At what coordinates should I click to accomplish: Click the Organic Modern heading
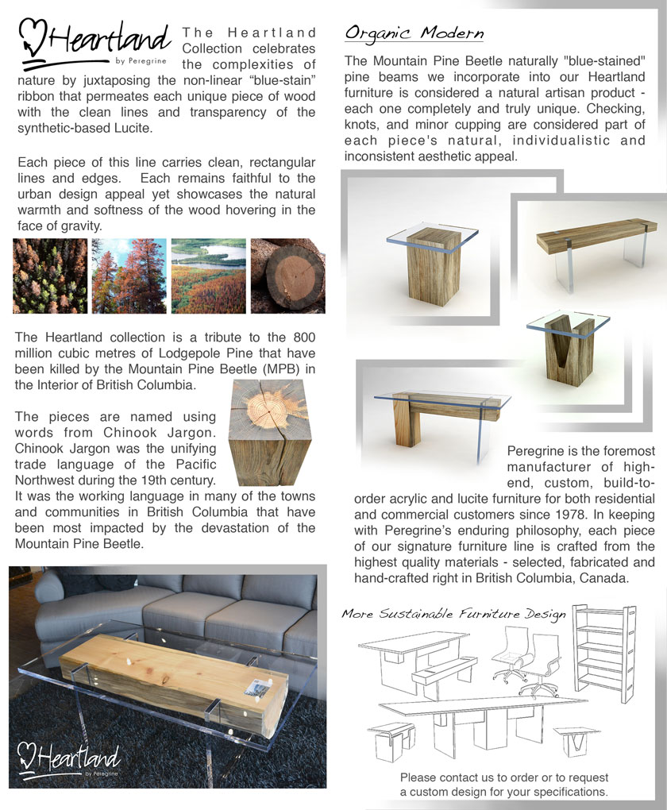(414, 33)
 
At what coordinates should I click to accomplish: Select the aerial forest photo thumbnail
(49, 276)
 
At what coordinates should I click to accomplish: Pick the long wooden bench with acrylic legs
(598, 242)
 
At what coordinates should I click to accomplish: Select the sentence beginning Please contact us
(504, 785)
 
